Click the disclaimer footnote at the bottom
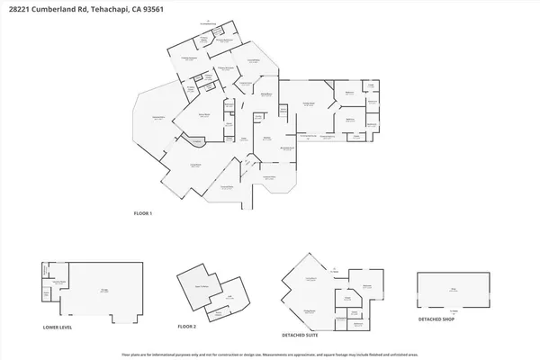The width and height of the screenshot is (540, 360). click(x=270, y=355)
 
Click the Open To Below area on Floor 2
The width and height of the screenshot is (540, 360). click(x=194, y=284)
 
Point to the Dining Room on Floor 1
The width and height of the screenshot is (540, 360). click(x=267, y=94)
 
